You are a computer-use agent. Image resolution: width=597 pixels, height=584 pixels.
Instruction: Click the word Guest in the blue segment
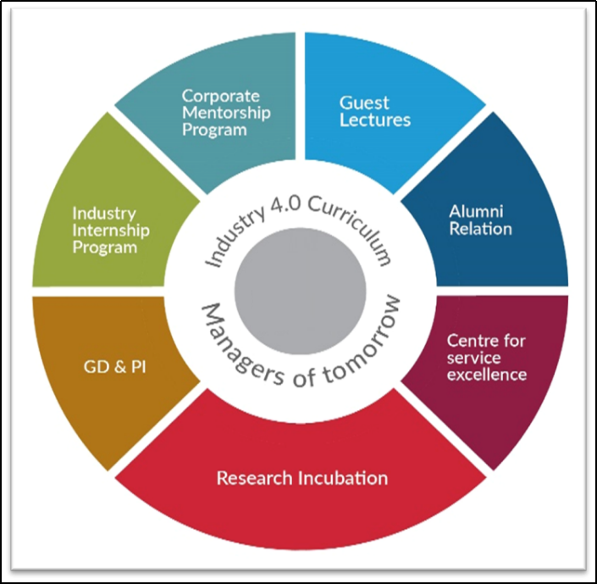364,103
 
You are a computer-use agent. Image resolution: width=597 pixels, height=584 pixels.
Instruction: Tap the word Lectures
375,120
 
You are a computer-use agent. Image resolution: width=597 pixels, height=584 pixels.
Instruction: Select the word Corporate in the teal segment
221,97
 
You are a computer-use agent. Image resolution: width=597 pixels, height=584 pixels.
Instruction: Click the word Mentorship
227,113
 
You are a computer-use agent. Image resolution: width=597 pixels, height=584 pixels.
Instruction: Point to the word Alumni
476,212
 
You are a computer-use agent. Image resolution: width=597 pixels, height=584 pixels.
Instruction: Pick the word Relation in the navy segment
480,229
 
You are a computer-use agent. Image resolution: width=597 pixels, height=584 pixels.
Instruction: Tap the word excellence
487,375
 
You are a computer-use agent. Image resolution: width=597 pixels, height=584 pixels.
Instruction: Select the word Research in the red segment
254,478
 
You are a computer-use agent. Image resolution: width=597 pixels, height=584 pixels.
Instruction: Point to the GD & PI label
114,367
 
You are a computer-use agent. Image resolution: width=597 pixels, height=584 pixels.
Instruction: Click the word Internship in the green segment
111,231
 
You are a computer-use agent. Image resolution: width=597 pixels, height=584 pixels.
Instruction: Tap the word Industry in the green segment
104,214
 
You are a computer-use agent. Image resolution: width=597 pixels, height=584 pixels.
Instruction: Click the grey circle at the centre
300,292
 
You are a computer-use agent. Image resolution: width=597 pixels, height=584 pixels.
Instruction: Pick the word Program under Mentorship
214,130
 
